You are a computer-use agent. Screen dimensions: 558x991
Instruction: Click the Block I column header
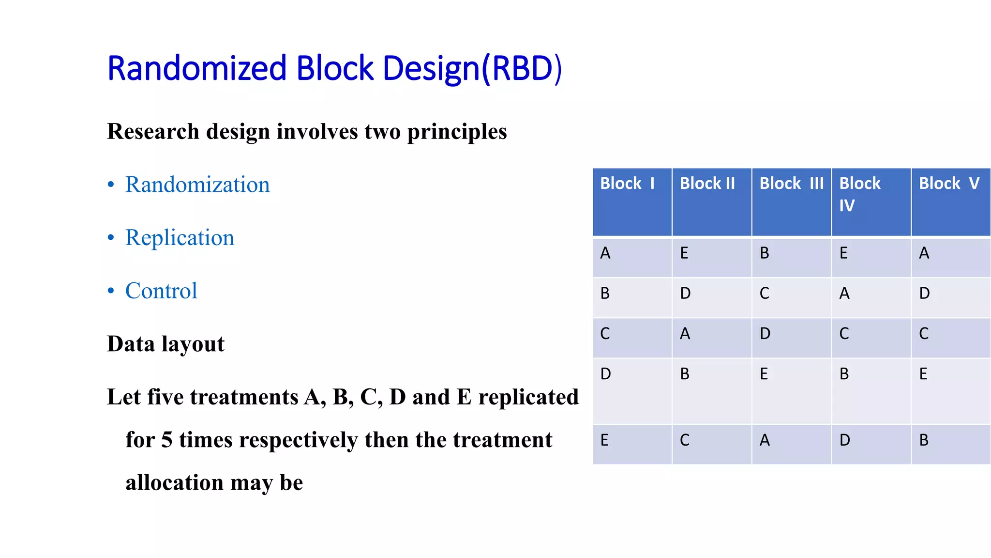pos(627,184)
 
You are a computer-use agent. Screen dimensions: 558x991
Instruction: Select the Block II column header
pos(707,184)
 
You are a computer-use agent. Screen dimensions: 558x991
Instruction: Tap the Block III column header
pos(791,184)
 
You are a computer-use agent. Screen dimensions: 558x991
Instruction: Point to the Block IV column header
pos(860,194)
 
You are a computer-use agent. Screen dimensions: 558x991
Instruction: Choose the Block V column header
pos(949,184)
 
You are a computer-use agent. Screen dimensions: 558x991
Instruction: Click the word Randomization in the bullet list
pos(197,185)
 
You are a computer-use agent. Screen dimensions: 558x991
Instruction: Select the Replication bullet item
pos(180,238)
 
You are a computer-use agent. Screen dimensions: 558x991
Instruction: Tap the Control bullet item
pos(161,291)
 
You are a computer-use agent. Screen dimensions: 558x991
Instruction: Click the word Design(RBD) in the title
pos(472,68)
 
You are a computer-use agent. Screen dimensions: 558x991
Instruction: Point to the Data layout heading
pos(165,344)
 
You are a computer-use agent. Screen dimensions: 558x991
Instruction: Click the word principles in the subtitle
pos(457,132)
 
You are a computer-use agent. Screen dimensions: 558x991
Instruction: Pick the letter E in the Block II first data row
pos(684,253)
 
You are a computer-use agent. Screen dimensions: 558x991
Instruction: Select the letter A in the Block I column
pos(605,253)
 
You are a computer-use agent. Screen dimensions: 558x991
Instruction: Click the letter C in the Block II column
pos(685,440)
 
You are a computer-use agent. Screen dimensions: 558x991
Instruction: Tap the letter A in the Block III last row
pos(765,440)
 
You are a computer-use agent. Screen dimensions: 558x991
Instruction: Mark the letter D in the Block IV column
pos(845,440)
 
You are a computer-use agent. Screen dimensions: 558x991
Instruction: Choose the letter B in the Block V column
pos(924,440)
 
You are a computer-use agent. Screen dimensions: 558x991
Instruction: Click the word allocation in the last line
pos(174,483)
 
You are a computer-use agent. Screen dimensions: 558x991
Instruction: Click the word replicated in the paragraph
pos(528,397)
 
